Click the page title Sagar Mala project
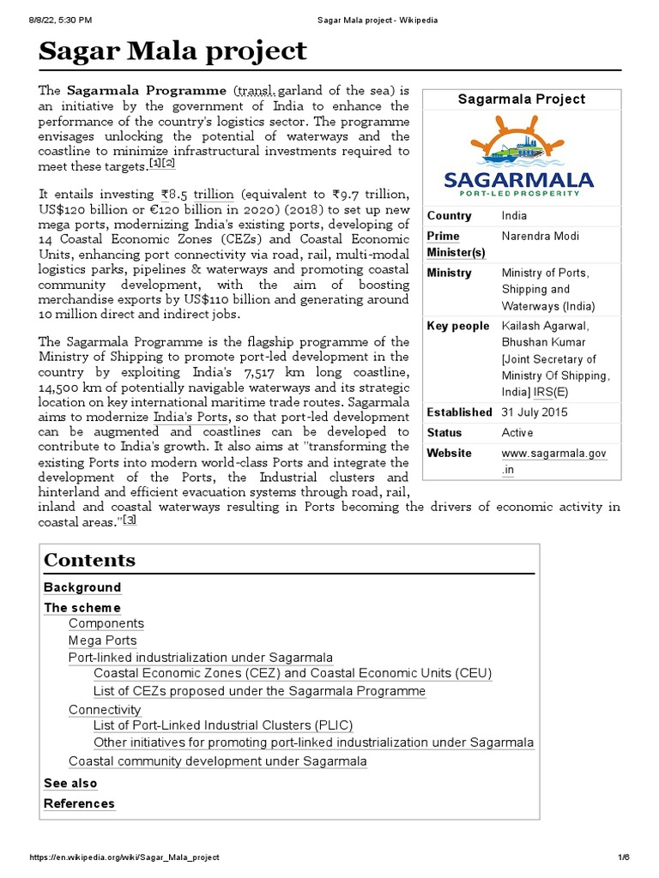(172, 51)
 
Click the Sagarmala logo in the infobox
(518, 155)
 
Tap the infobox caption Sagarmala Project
(521, 99)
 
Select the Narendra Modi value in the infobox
(540, 236)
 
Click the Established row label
(459, 412)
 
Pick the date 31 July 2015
(535, 412)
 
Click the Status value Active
(517, 433)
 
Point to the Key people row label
(457, 326)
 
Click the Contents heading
(89, 560)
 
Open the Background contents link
(82, 587)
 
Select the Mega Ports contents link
(102, 640)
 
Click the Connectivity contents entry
(105, 710)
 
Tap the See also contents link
(70, 783)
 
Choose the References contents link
(79, 803)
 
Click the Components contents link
(106, 623)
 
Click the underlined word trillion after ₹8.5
(213, 195)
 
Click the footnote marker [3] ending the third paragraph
(130, 520)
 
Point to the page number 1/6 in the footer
(623, 857)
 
